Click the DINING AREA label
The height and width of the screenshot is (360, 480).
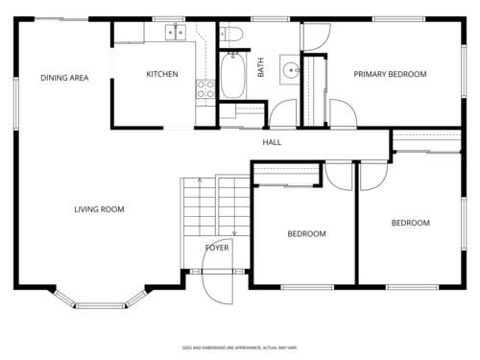(x=64, y=78)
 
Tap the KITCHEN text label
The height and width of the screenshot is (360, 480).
(x=161, y=74)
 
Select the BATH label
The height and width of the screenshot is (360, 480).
(x=260, y=68)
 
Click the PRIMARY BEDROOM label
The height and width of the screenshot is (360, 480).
(x=390, y=74)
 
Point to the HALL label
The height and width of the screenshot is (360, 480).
(x=272, y=143)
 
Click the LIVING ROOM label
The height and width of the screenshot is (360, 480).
(x=100, y=209)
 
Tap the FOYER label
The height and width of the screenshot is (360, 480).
(x=218, y=248)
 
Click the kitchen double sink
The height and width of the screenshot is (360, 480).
(x=174, y=33)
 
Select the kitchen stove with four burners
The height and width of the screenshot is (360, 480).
(x=205, y=89)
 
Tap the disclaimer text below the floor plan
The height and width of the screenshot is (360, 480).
(x=240, y=348)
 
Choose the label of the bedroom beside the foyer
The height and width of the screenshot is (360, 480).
(x=306, y=233)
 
